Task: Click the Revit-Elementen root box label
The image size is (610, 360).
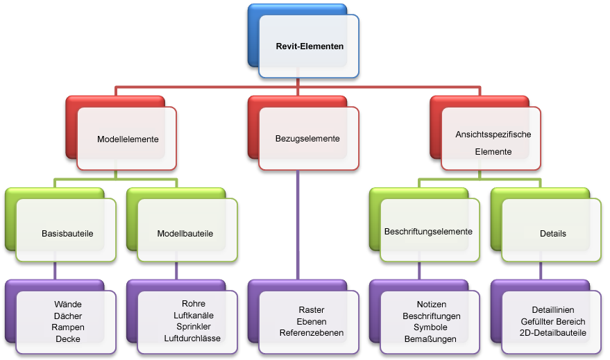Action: click(x=310, y=46)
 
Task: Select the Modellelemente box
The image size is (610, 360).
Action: click(x=128, y=139)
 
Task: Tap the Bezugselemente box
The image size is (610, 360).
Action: click(x=307, y=138)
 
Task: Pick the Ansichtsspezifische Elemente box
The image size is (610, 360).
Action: click(x=493, y=142)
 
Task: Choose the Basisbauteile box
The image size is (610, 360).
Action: click(x=67, y=233)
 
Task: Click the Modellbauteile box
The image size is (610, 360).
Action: click(x=185, y=233)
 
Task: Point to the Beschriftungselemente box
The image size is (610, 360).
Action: click(x=428, y=231)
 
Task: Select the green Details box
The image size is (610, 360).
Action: click(x=552, y=233)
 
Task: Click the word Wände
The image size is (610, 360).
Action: click(x=68, y=305)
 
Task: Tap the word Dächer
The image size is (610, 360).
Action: click(x=68, y=316)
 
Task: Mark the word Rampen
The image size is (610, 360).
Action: click(x=68, y=327)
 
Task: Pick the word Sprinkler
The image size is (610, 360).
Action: click(x=194, y=327)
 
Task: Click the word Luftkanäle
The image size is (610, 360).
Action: click(x=194, y=316)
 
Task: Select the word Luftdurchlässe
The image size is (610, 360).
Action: click(x=192, y=338)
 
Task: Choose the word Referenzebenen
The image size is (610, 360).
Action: click(x=312, y=333)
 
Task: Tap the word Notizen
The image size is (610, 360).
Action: click(x=432, y=305)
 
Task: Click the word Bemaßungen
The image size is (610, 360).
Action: click(x=431, y=339)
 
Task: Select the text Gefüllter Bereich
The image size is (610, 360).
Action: click(x=553, y=321)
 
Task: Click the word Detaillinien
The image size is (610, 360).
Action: click(x=553, y=310)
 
